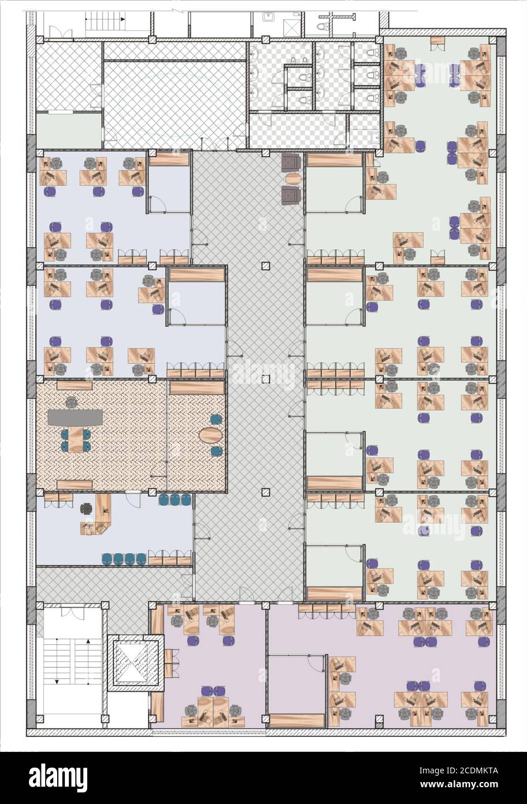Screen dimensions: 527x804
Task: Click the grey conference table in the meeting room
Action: tap(75, 417)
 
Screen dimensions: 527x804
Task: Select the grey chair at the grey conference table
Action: tap(72, 402)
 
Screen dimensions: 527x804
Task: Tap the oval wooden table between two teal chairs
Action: tap(211, 435)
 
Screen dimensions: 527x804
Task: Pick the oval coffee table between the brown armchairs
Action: tap(293, 178)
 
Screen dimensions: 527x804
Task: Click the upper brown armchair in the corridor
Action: tap(291, 162)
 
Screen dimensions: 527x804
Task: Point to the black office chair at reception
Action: tap(87, 508)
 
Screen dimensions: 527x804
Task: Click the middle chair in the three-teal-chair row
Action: tap(175, 499)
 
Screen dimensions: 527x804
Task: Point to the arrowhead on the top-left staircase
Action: tap(123, 19)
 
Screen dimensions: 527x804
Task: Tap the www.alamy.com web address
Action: tap(459, 784)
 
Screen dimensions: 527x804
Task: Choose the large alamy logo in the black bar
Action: tap(58, 777)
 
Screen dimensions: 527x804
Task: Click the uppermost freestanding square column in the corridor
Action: tap(266, 266)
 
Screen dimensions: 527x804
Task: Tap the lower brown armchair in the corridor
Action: tap(291, 195)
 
